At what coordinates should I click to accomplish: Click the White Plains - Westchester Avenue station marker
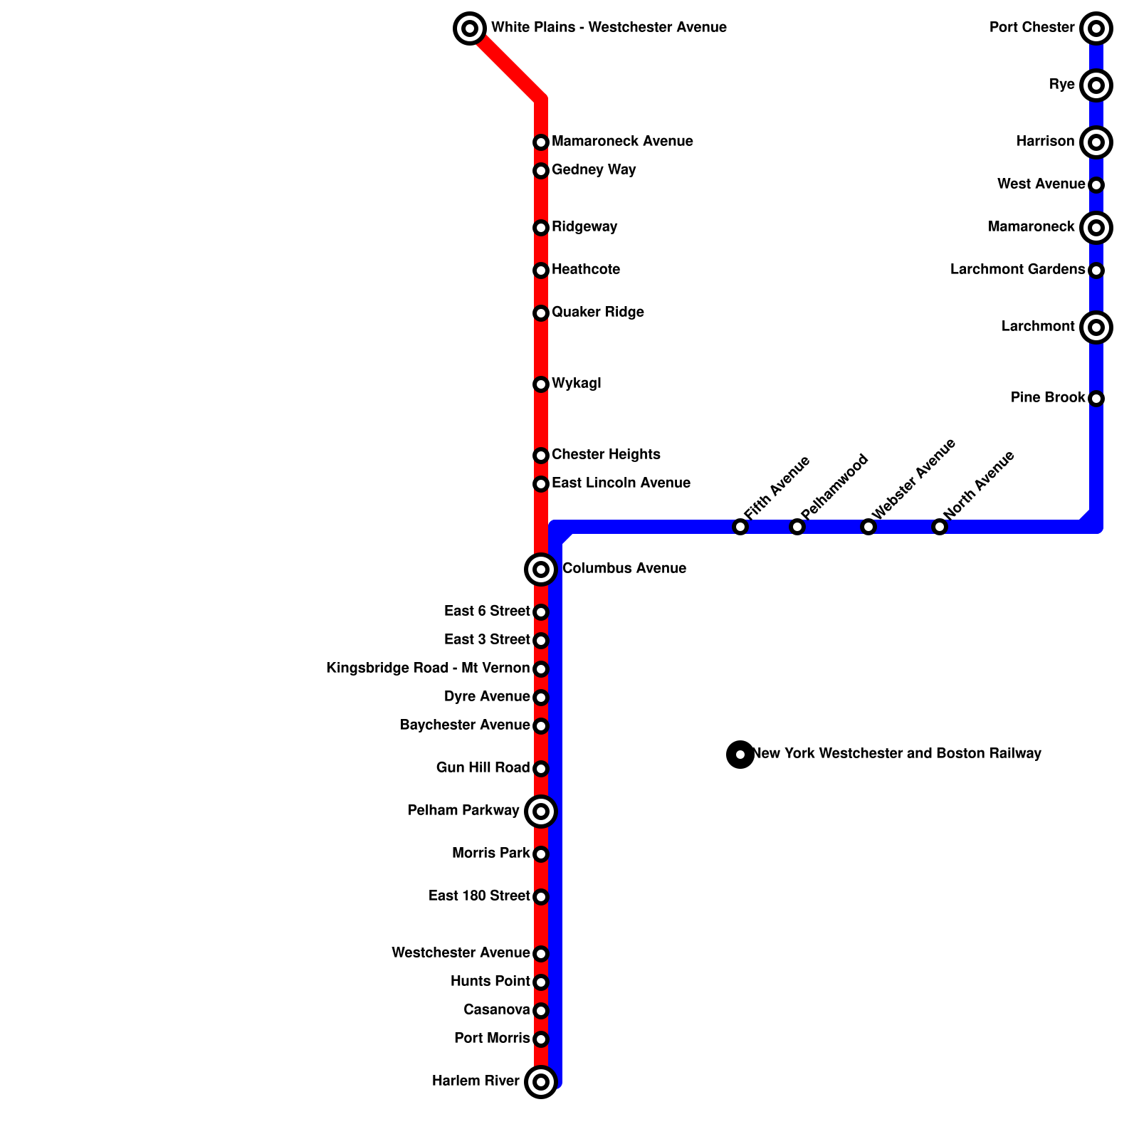pyautogui.click(x=470, y=28)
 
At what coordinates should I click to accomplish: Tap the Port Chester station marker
pyautogui.click(x=1096, y=28)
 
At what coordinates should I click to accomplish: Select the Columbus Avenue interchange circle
pyautogui.click(x=541, y=569)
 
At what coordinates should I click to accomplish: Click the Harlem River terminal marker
pyautogui.click(x=541, y=1082)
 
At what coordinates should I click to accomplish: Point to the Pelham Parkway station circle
pyautogui.click(x=541, y=812)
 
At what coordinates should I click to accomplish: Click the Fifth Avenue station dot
pyautogui.click(x=740, y=527)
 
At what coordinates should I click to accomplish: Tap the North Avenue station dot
pyautogui.click(x=940, y=527)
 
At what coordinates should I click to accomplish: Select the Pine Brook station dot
pyautogui.click(x=1096, y=399)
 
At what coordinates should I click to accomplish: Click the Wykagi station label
pyautogui.click(x=576, y=384)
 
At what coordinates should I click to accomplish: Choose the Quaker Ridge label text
pyautogui.click(x=597, y=313)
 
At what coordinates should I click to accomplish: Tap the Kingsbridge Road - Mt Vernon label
pyautogui.click(x=428, y=668)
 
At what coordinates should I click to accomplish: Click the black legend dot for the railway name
pyautogui.click(x=740, y=755)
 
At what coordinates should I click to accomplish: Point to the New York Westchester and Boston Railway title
pyautogui.click(x=897, y=754)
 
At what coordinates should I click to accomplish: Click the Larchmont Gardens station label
pyautogui.click(x=1017, y=270)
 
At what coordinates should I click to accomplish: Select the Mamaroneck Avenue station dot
pyautogui.click(x=541, y=142)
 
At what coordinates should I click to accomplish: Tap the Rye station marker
pyautogui.click(x=1096, y=85)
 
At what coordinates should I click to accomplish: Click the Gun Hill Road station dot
pyautogui.click(x=541, y=769)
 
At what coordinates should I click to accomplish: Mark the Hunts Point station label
pyautogui.click(x=490, y=982)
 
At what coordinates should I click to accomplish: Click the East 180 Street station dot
pyautogui.click(x=541, y=897)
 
